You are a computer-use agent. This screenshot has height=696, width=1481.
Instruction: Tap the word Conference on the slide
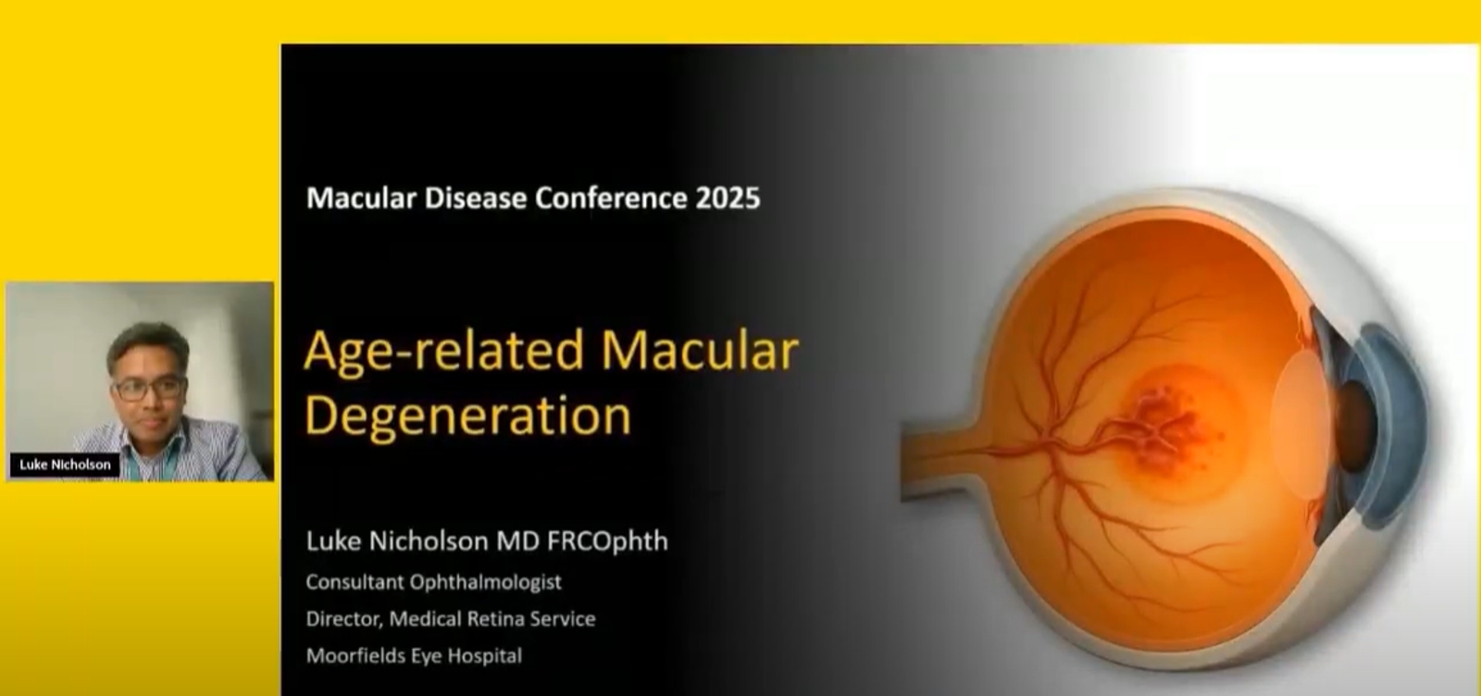click(611, 198)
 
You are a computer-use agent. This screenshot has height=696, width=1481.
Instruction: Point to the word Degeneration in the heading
click(468, 416)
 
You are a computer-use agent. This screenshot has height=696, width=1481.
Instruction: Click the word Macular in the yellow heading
click(700, 350)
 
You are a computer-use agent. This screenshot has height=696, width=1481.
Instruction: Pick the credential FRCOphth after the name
click(607, 541)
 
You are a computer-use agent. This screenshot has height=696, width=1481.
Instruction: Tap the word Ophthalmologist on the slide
click(485, 582)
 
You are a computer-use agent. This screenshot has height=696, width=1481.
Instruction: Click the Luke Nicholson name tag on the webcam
click(65, 465)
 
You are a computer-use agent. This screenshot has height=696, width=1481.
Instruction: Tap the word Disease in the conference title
click(476, 198)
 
